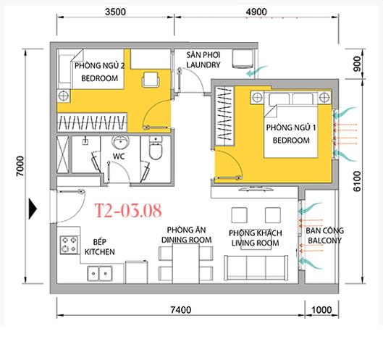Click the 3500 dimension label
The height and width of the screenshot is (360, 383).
coord(115,12)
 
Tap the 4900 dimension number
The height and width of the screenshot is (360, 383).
coord(256,12)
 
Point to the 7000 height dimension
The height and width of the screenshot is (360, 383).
coord(20,166)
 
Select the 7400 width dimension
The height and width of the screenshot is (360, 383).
coord(181,309)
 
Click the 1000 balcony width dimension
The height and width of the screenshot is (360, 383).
coord(321,309)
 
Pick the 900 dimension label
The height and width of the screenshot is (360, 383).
coord(357,64)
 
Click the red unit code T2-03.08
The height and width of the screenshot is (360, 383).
coord(128,211)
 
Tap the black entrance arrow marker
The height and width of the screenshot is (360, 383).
coord(33,209)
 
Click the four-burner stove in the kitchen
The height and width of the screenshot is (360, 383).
coord(70,245)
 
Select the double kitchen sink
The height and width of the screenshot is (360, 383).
coord(100,274)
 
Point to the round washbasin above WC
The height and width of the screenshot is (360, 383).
coord(120,143)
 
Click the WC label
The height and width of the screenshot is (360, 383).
coord(119,156)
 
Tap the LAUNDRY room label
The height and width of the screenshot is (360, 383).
coord(203,64)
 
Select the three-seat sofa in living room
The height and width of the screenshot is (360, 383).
coord(256,267)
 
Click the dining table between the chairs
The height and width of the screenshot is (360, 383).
coord(185,264)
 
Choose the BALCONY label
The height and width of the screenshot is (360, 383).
coord(324,240)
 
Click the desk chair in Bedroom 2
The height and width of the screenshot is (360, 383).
coord(151,80)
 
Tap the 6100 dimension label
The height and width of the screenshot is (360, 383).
coord(357,181)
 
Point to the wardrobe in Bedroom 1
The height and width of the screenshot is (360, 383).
coord(224,117)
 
